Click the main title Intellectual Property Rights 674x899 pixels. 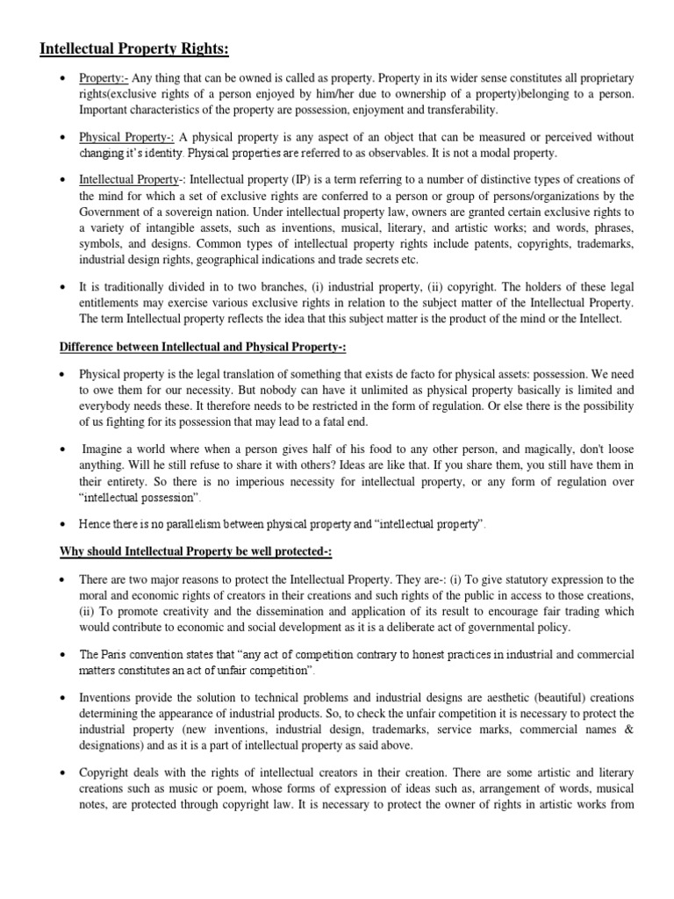click(140, 47)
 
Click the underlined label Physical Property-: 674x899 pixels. click(127, 137)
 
